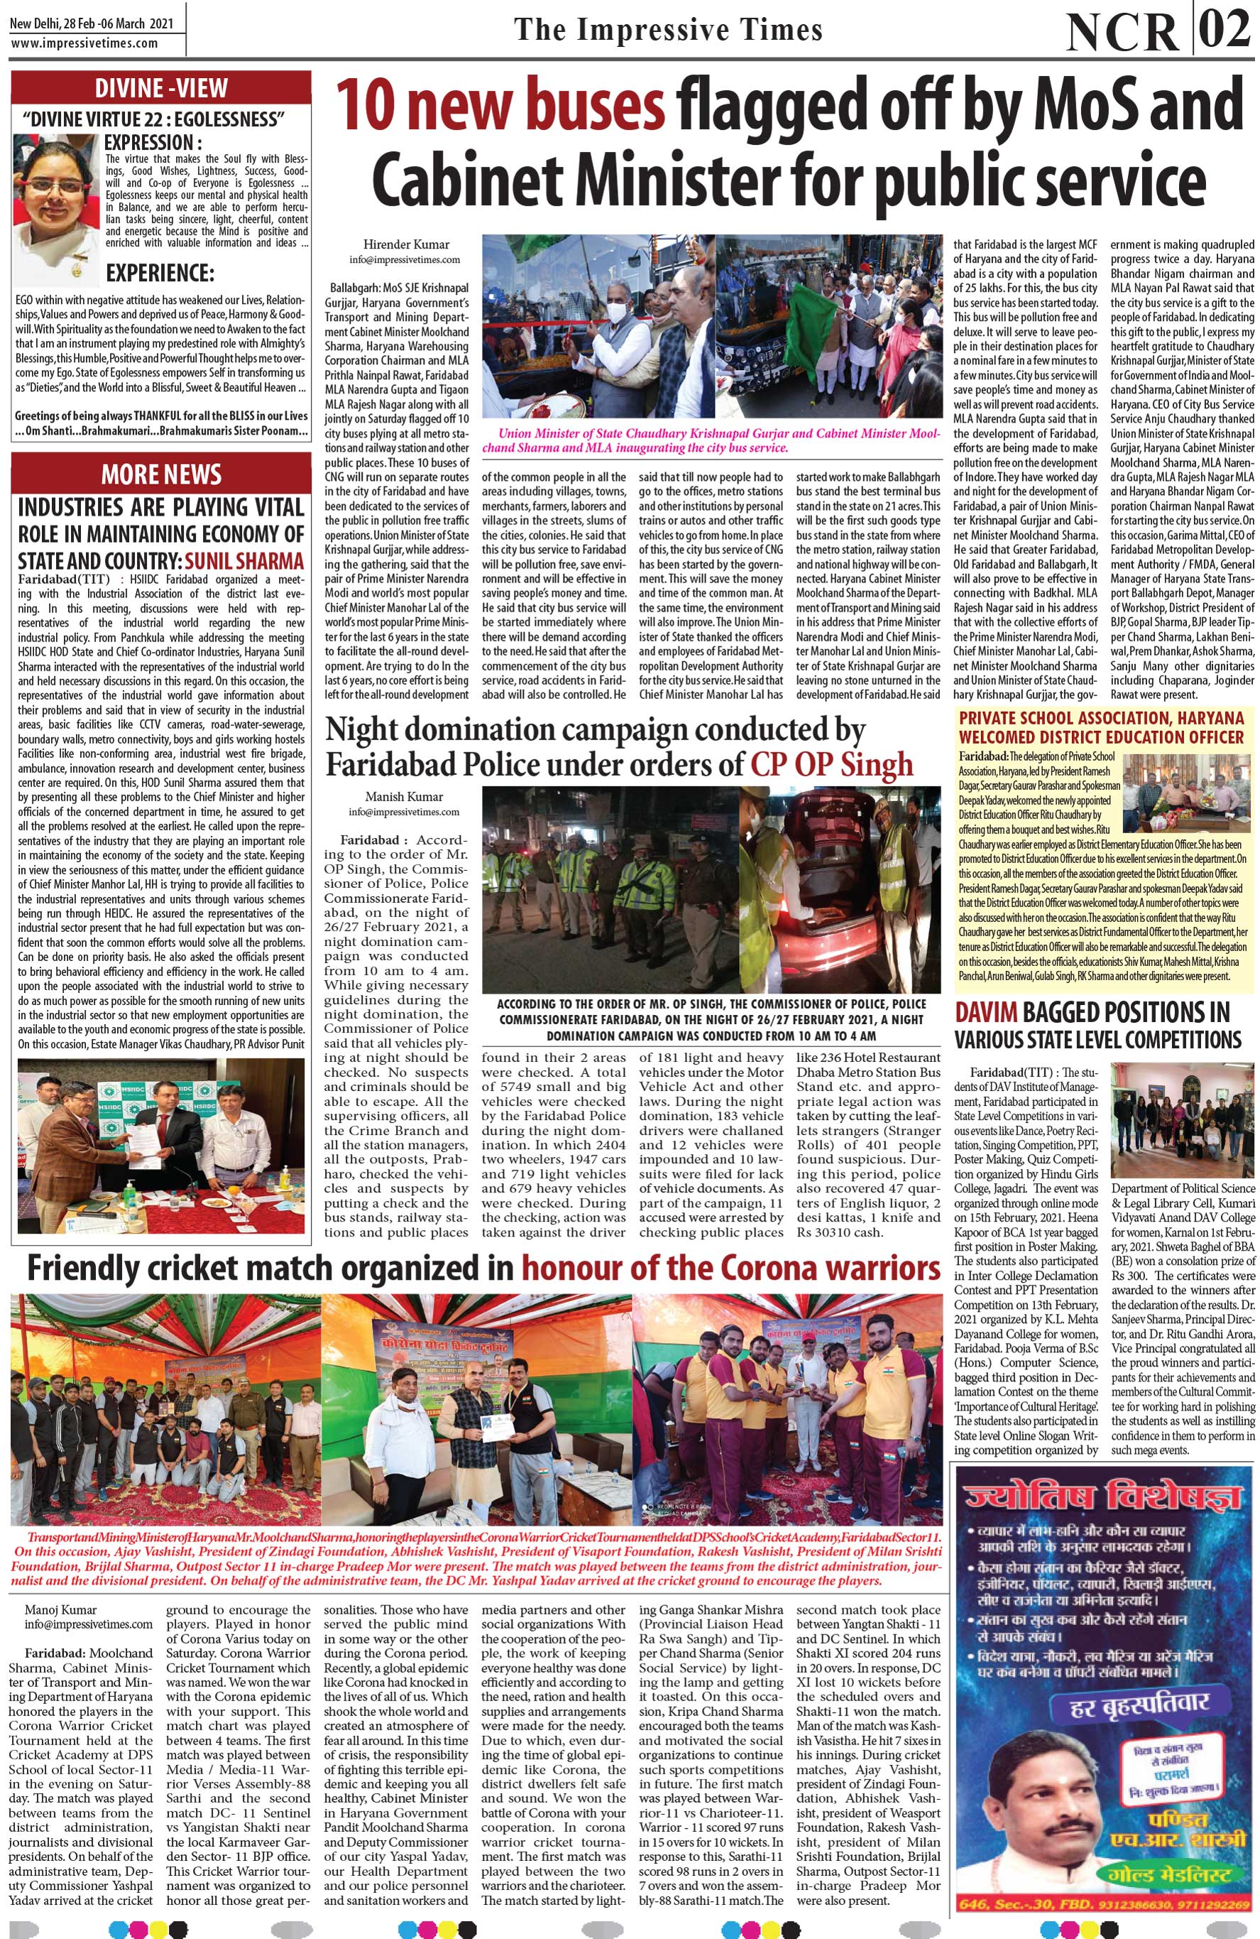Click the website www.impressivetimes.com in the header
pos(84,44)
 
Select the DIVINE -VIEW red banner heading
pos(160,88)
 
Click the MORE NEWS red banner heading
pos(160,474)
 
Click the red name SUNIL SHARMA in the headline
pos(244,561)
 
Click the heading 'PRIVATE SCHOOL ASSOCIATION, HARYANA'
pos(1101,718)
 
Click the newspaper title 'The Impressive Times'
pos(668,31)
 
